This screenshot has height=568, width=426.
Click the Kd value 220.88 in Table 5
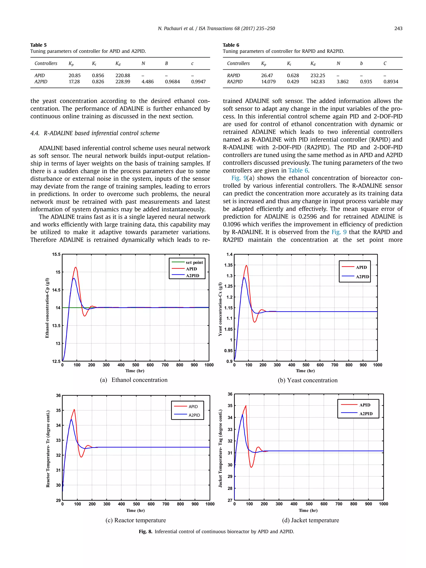tap(123, 75)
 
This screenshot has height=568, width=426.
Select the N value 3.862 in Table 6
tap(342, 82)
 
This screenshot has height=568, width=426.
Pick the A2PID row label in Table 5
tap(41, 82)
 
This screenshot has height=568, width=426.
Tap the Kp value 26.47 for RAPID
tap(267, 75)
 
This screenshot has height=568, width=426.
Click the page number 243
tap(398, 28)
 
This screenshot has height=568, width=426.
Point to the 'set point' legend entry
tap(194, 262)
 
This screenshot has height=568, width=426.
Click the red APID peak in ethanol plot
tap(76, 267)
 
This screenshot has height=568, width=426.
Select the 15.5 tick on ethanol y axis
tap(56, 255)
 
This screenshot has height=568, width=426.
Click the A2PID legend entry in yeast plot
tap(362, 277)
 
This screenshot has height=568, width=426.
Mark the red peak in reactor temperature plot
tap(74, 410)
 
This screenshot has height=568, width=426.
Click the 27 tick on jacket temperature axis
tap(230, 500)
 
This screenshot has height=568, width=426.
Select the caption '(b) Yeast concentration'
tap(307, 380)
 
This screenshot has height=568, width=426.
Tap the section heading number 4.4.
tap(35, 133)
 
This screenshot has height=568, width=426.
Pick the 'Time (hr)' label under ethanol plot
tap(135, 371)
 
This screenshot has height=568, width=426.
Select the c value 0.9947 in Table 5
tap(198, 82)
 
